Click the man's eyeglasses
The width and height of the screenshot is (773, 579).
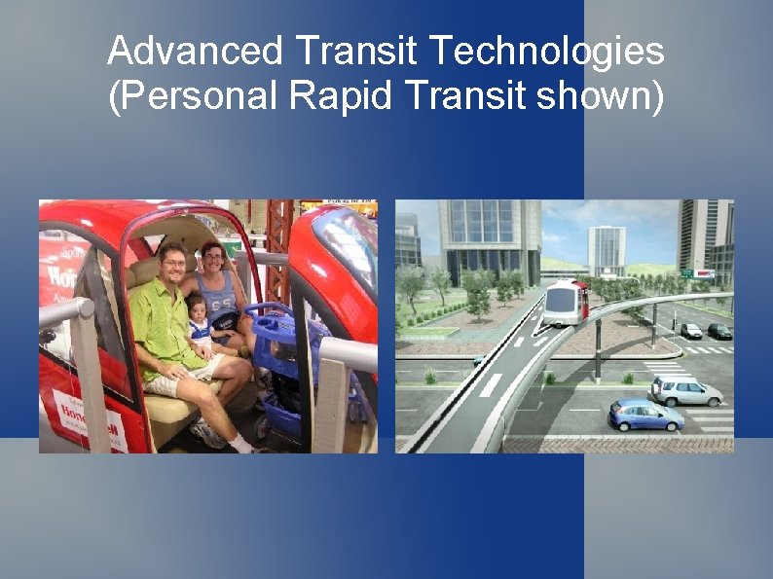(173, 263)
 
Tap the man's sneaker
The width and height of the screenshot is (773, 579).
(210, 432)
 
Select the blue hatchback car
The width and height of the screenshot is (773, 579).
(644, 416)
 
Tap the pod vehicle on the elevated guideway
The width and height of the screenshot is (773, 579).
(566, 301)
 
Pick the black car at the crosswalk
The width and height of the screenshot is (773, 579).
(719, 331)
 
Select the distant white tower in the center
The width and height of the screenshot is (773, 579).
(607, 250)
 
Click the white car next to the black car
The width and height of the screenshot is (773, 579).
(691, 331)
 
